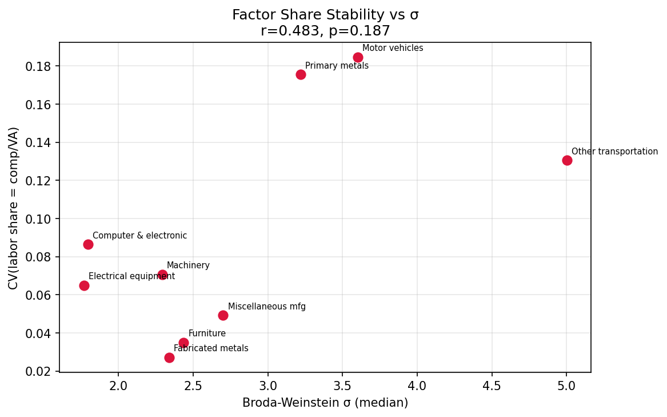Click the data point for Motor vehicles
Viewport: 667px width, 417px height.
(x=358, y=57)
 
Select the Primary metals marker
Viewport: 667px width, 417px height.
(x=301, y=74)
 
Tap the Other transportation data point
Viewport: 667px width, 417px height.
(x=567, y=160)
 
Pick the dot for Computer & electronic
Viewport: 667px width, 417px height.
(x=88, y=244)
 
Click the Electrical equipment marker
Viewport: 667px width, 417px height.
(x=84, y=285)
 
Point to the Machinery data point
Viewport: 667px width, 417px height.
(x=162, y=275)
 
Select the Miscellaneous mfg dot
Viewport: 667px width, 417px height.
(x=223, y=315)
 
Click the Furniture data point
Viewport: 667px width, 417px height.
(x=183, y=343)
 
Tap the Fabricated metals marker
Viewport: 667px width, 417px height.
(x=169, y=358)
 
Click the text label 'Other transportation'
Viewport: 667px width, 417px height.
(x=614, y=152)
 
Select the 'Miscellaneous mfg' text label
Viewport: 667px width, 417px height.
(x=266, y=307)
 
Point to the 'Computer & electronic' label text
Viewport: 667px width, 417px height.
(x=139, y=236)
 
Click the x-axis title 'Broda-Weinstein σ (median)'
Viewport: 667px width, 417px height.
(x=325, y=403)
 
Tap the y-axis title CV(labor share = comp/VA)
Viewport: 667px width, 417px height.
(x=14, y=208)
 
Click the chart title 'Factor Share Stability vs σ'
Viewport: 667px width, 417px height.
(x=325, y=15)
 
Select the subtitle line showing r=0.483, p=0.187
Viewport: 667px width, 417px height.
(x=325, y=31)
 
